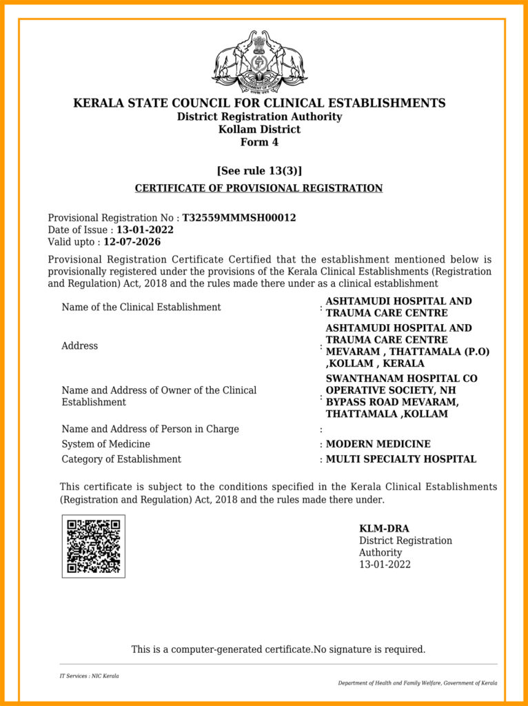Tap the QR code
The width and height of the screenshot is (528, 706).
(x=94, y=547)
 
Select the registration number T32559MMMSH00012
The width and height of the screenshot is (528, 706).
(x=238, y=218)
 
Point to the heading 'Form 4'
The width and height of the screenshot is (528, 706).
(x=259, y=143)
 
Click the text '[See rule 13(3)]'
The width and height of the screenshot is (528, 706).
(x=259, y=171)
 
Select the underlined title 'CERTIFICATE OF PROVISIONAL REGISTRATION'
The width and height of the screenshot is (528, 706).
(x=258, y=188)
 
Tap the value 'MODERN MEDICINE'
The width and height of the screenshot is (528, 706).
(x=378, y=444)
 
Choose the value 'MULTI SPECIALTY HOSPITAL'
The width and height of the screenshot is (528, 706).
(x=400, y=459)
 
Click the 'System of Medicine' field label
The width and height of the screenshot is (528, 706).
(x=105, y=444)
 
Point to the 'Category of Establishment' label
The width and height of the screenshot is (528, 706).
(x=121, y=459)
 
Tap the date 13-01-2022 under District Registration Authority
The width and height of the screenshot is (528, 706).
(x=385, y=565)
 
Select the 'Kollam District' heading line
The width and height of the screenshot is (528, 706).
(x=259, y=130)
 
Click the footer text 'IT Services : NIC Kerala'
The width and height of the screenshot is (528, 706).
(x=89, y=676)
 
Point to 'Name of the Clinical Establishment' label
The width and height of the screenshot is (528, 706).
(x=141, y=307)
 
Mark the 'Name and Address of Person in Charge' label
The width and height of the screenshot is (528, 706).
(x=150, y=429)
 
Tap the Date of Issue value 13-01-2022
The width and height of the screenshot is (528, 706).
(x=145, y=230)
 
